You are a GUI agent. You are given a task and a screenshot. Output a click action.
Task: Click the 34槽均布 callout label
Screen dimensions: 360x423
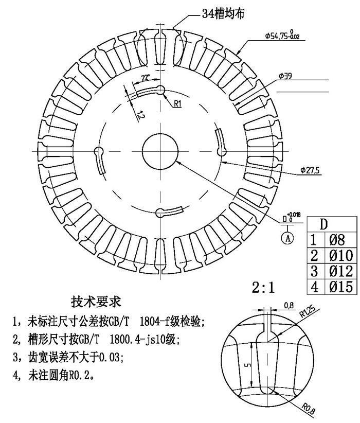224,13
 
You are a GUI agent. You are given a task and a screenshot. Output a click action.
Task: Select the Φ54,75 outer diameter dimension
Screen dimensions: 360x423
282,35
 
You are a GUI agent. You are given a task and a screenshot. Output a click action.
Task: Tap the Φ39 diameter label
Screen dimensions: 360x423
285,76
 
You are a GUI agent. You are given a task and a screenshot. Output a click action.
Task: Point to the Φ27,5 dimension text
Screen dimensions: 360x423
311,170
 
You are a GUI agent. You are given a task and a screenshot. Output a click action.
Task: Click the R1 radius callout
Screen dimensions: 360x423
178,103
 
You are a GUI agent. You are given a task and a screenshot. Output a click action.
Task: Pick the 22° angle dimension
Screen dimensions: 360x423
146,78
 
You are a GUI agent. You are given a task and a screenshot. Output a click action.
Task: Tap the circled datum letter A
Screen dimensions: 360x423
288,238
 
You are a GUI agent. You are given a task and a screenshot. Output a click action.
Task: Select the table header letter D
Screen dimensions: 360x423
323,224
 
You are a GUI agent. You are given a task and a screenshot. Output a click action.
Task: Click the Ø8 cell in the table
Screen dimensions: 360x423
337,240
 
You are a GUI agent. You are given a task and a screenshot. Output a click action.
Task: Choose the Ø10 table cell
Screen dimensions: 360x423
341,255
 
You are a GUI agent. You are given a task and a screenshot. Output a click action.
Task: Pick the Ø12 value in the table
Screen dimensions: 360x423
341,271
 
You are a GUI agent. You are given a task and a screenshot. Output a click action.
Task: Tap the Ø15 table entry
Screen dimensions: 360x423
341,287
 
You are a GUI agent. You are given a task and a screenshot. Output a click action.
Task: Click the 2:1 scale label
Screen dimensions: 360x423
263,288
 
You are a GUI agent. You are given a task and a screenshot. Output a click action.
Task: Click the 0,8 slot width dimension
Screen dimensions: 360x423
289,305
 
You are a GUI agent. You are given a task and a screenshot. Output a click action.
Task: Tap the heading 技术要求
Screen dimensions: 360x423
96,302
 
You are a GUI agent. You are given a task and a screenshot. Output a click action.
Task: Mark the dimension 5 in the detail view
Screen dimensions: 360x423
248,365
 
